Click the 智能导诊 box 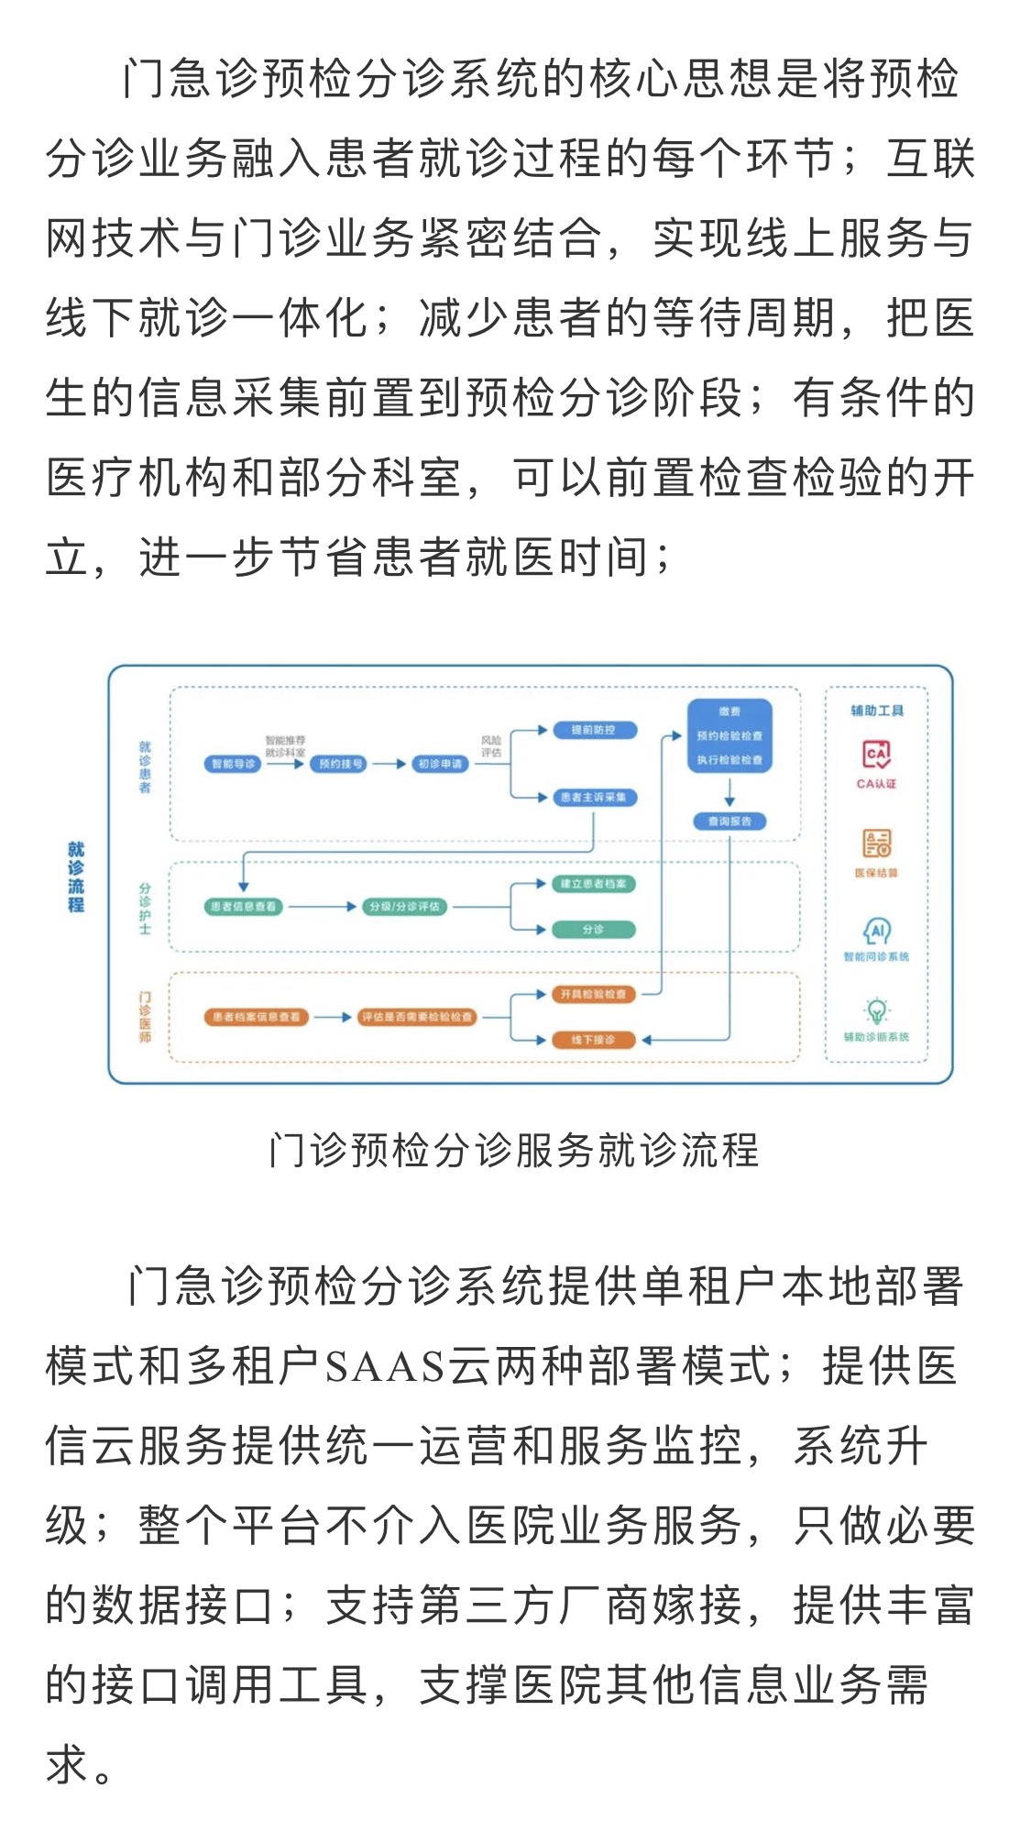pyautogui.click(x=233, y=764)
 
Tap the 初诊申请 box pyautogui.click(x=441, y=764)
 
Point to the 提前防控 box pyautogui.click(x=593, y=730)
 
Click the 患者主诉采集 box pyautogui.click(x=593, y=798)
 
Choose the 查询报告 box pyautogui.click(x=729, y=822)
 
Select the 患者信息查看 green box pyautogui.click(x=243, y=907)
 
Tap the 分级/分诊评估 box pyautogui.click(x=404, y=907)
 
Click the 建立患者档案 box pyautogui.click(x=593, y=884)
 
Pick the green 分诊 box pyautogui.click(x=593, y=930)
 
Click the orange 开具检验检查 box pyautogui.click(x=593, y=994)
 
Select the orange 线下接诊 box pyautogui.click(x=593, y=1040)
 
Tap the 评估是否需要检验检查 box pyautogui.click(x=417, y=1017)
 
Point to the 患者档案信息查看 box pyautogui.click(x=256, y=1017)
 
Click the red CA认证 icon pyautogui.click(x=876, y=756)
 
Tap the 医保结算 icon pyautogui.click(x=876, y=843)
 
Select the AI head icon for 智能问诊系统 pyautogui.click(x=876, y=931)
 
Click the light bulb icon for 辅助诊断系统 pyautogui.click(x=876, y=1010)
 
